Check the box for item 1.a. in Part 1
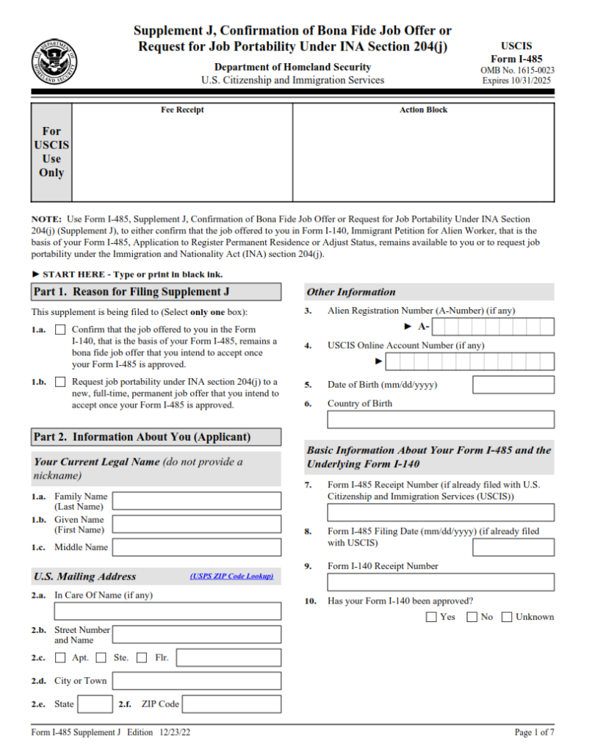pyautogui.click(x=60, y=330)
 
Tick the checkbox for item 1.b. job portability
pyautogui.click(x=60, y=382)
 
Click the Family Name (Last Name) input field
pyautogui.click(x=196, y=502)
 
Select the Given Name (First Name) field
pyautogui.click(x=196, y=524)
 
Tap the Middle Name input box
pyautogui.click(x=196, y=547)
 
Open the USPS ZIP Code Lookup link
pyautogui.click(x=231, y=576)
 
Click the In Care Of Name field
pyautogui.click(x=167, y=611)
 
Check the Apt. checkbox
pyautogui.click(x=60, y=658)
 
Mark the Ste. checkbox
pyautogui.click(x=101, y=658)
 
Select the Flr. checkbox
pyautogui.click(x=142, y=658)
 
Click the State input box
pyautogui.click(x=95, y=704)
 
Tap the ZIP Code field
pyautogui.click(x=231, y=704)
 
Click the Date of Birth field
pyautogui.click(x=513, y=385)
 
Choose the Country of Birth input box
pyautogui.click(x=441, y=420)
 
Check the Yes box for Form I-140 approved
pyautogui.click(x=431, y=618)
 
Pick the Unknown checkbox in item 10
pyautogui.click(x=507, y=618)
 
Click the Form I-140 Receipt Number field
pyautogui.click(x=441, y=582)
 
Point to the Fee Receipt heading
pyautogui.click(x=182, y=110)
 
